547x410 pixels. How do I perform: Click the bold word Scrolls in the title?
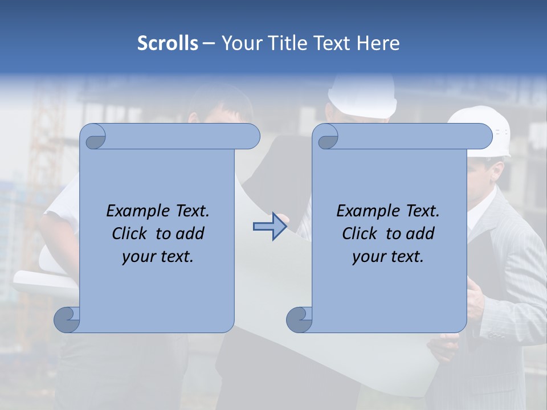click(x=168, y=43)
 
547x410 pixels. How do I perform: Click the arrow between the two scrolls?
click(x=270, y=227)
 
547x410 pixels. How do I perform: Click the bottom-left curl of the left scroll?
click(x=67, y=319)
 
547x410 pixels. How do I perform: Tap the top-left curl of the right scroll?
click(x=326, y=137)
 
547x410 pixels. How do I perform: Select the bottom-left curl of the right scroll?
click(x=300, y=319)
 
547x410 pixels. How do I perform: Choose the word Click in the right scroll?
click(x=360, y=233)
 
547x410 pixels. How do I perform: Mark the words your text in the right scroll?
click(x=388, y=257)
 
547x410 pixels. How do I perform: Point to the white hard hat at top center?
click(x=362, y=93)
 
